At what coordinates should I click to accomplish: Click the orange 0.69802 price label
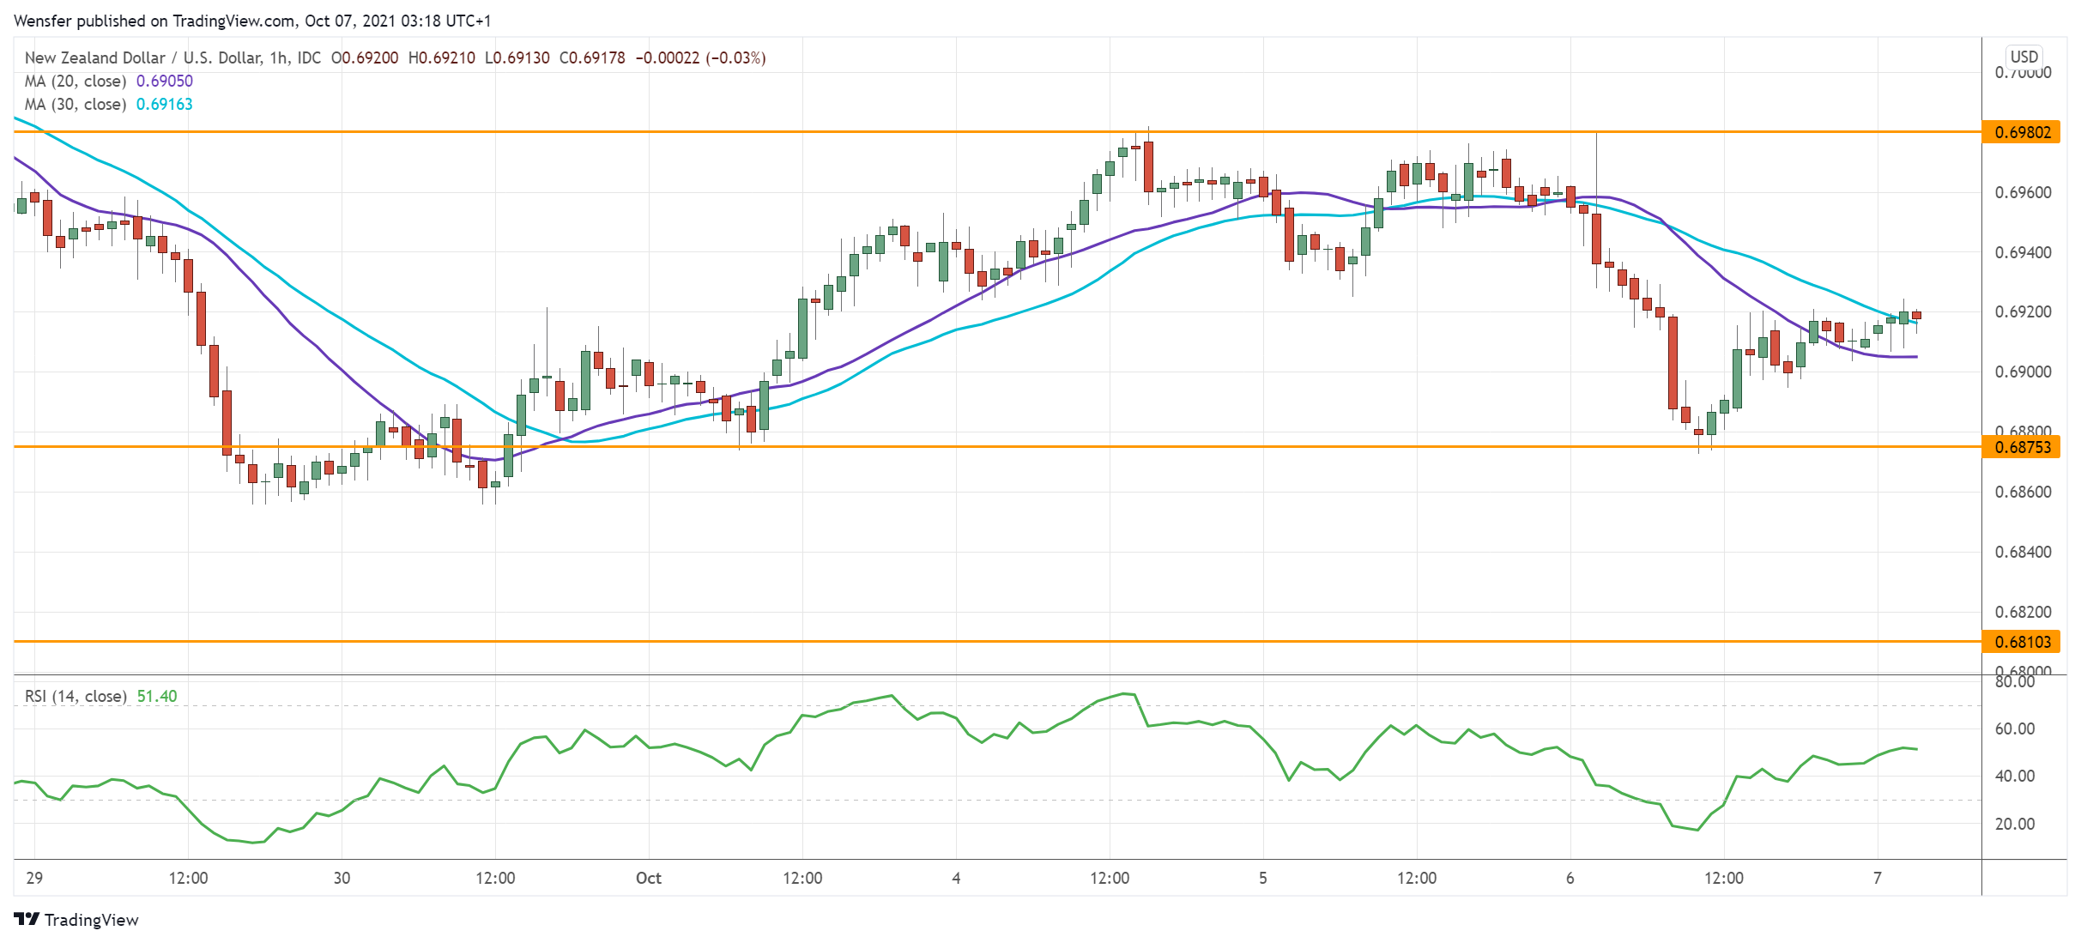click(x=2023, y=132)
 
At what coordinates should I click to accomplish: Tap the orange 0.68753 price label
click(x=2023, y=447)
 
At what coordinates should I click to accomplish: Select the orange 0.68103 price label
click(x=2023, y=642)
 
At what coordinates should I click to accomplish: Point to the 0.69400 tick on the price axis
click(x=2023, y=252)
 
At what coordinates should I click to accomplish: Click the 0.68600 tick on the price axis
click(x=2023, y=492)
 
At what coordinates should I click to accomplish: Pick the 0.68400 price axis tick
click(x=2023, y=552)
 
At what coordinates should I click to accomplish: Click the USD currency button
click(x=2024, y=57)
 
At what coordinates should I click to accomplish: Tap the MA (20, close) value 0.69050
click(x=165, y=81)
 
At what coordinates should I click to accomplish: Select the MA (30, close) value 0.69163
click(x=165, y=104)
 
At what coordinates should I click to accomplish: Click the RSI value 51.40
click(x=157, y=696)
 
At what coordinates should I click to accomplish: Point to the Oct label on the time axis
click(x=649, y=878)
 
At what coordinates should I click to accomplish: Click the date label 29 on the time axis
click(x=34, y=878)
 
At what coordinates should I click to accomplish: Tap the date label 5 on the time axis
click(x=1262, y=878)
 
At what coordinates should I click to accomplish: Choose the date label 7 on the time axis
click(x=1877, y=878)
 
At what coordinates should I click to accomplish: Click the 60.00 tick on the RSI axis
click(x=2014, y=728)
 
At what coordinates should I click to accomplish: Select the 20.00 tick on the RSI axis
click(x=2014, y=824)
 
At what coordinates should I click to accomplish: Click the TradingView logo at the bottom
click(x=77, y=920)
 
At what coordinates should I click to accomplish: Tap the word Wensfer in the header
click(x=44, y=21)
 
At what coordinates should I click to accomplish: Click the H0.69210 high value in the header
click(x=441, y=57)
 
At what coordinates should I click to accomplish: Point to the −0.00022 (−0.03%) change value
click(x=700, y=57)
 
